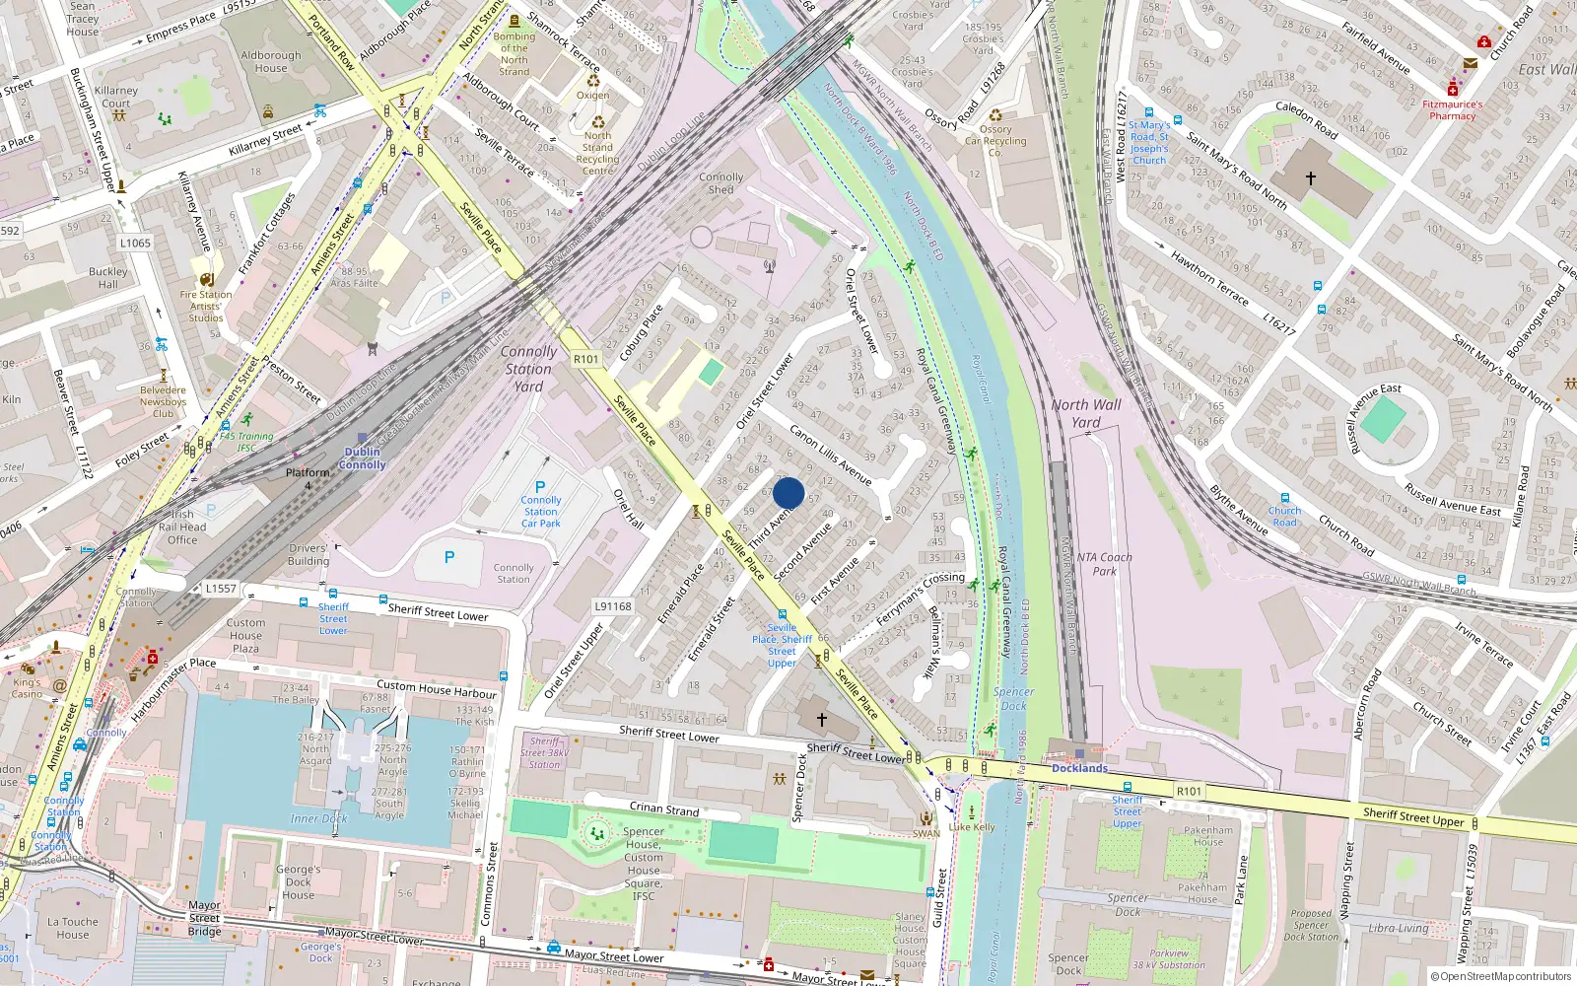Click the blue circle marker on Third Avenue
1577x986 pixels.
tap(788, 493)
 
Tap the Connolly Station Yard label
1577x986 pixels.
tap(528, 369)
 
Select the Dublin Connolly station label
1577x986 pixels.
tap(362, 458)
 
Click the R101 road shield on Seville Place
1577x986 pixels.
tap(586, 359)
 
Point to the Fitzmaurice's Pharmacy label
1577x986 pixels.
tap(1452, 109)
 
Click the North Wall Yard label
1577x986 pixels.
tap(1086, 413)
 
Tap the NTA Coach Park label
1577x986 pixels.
tap(1104, 564)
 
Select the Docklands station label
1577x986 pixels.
tap(1079, 768)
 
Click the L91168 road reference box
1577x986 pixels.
tap(613, 606)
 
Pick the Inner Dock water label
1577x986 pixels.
tap(318, 818)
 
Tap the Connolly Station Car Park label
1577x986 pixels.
tap(541, 512)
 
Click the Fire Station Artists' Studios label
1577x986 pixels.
tap(206, 306)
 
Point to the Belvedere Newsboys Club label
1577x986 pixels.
tap(163, 401)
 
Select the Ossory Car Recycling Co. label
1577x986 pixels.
tap(995, 141)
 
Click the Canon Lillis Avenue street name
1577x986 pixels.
tap(831, 455)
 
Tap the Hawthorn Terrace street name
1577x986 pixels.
tap(1209, 278)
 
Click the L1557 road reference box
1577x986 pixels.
tap(221, 589)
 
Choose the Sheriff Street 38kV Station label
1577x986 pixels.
tap(545, 752)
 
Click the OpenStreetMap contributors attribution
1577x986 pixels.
tap(1500, 976)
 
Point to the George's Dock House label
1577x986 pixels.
tap(298, 881)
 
